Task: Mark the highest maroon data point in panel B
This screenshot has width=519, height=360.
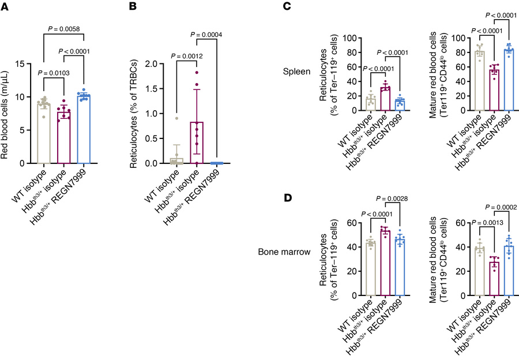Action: (x=197, y=72)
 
